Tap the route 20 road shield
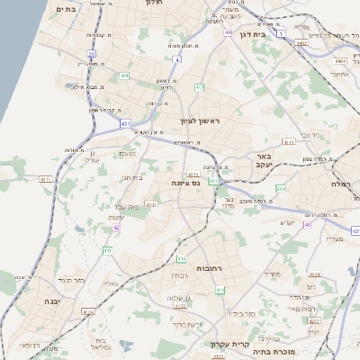click(x=92, y=54)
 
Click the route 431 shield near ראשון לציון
click(x=124, y=121)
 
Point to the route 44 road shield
click(x=229, y=33)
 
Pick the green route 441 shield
click(x=124, y=76)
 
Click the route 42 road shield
click(x=116, y=228)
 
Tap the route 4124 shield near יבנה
click(x=87, y=311)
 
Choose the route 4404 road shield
click(x=340, y=60)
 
